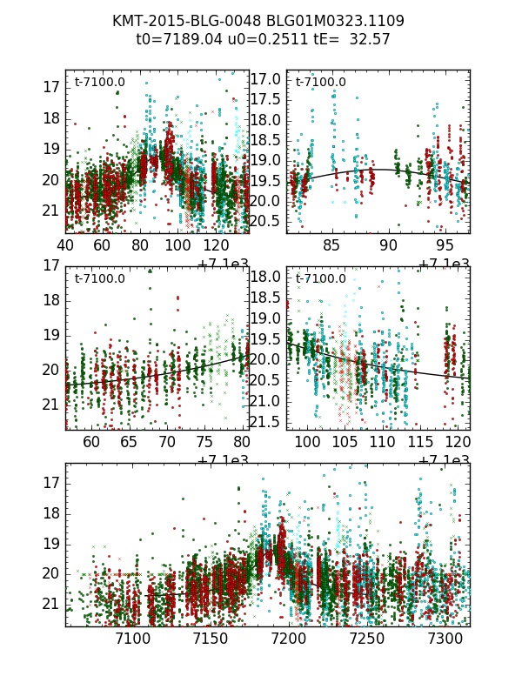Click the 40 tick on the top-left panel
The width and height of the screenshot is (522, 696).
[66, 247]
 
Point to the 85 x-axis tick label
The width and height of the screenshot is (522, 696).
[332, 247]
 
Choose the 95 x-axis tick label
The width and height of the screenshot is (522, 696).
[445, 247]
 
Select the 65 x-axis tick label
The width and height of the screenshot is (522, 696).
[129, 444]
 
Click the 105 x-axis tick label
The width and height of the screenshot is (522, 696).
[345, 444]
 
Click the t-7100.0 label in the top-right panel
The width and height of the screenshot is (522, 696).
[320, 83]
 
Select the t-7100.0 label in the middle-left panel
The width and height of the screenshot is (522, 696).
[99, 279]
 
